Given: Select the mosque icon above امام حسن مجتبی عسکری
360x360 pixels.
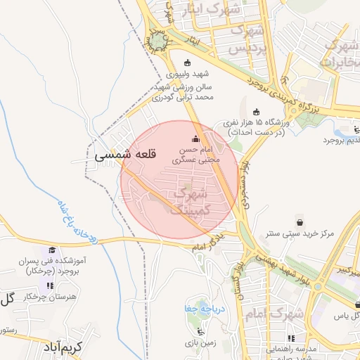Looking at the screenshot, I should pyautogui.click(x=195, y=139).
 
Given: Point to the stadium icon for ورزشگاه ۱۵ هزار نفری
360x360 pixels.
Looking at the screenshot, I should pyautogui.click(x=255, y=112).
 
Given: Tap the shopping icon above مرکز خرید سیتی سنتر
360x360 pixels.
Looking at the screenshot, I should pyautogui.click(x=300, y=221).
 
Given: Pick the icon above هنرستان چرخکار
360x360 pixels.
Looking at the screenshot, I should pyautogui.click(x=49, y=285).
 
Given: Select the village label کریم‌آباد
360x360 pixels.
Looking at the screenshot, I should pyautogui.click(x=63, y=347).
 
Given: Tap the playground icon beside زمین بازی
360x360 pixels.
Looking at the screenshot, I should pyautogui.click(x=202, y=332).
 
